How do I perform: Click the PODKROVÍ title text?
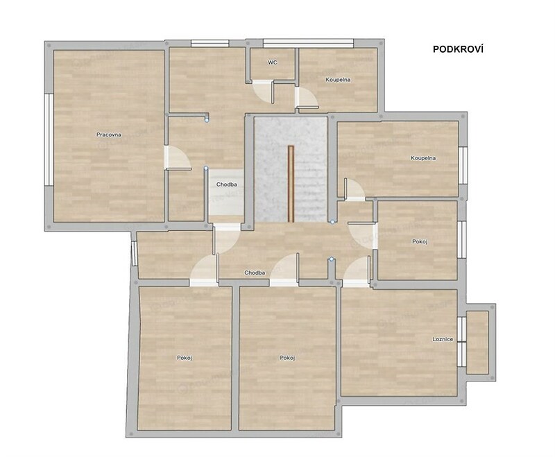click(x=458, y=49)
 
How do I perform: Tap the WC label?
click(x=272, y=62)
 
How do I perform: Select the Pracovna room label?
click(x=109, y=135)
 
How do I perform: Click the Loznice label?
click(x=443, y=339)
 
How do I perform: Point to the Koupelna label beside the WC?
click(x=338, y=80)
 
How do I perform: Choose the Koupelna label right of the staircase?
click(x=423, y=157)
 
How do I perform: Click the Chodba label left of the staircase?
click(x=227, y=184)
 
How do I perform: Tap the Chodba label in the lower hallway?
click(x=255, y=273)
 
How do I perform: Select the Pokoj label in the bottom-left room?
click(x=185, y=358)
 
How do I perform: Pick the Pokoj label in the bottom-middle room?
click(x=287, y=358)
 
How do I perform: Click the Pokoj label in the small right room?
click(x=420, y=241)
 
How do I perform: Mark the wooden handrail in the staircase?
click(x=291, y=184)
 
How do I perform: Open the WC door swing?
click(x=264, y=92)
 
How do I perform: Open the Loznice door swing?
click(x=357, y=270)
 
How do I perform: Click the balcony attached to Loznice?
click(x=477, y=342)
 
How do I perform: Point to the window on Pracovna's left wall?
click(x=49, y=139)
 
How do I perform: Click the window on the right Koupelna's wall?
click(x=463, y=165)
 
